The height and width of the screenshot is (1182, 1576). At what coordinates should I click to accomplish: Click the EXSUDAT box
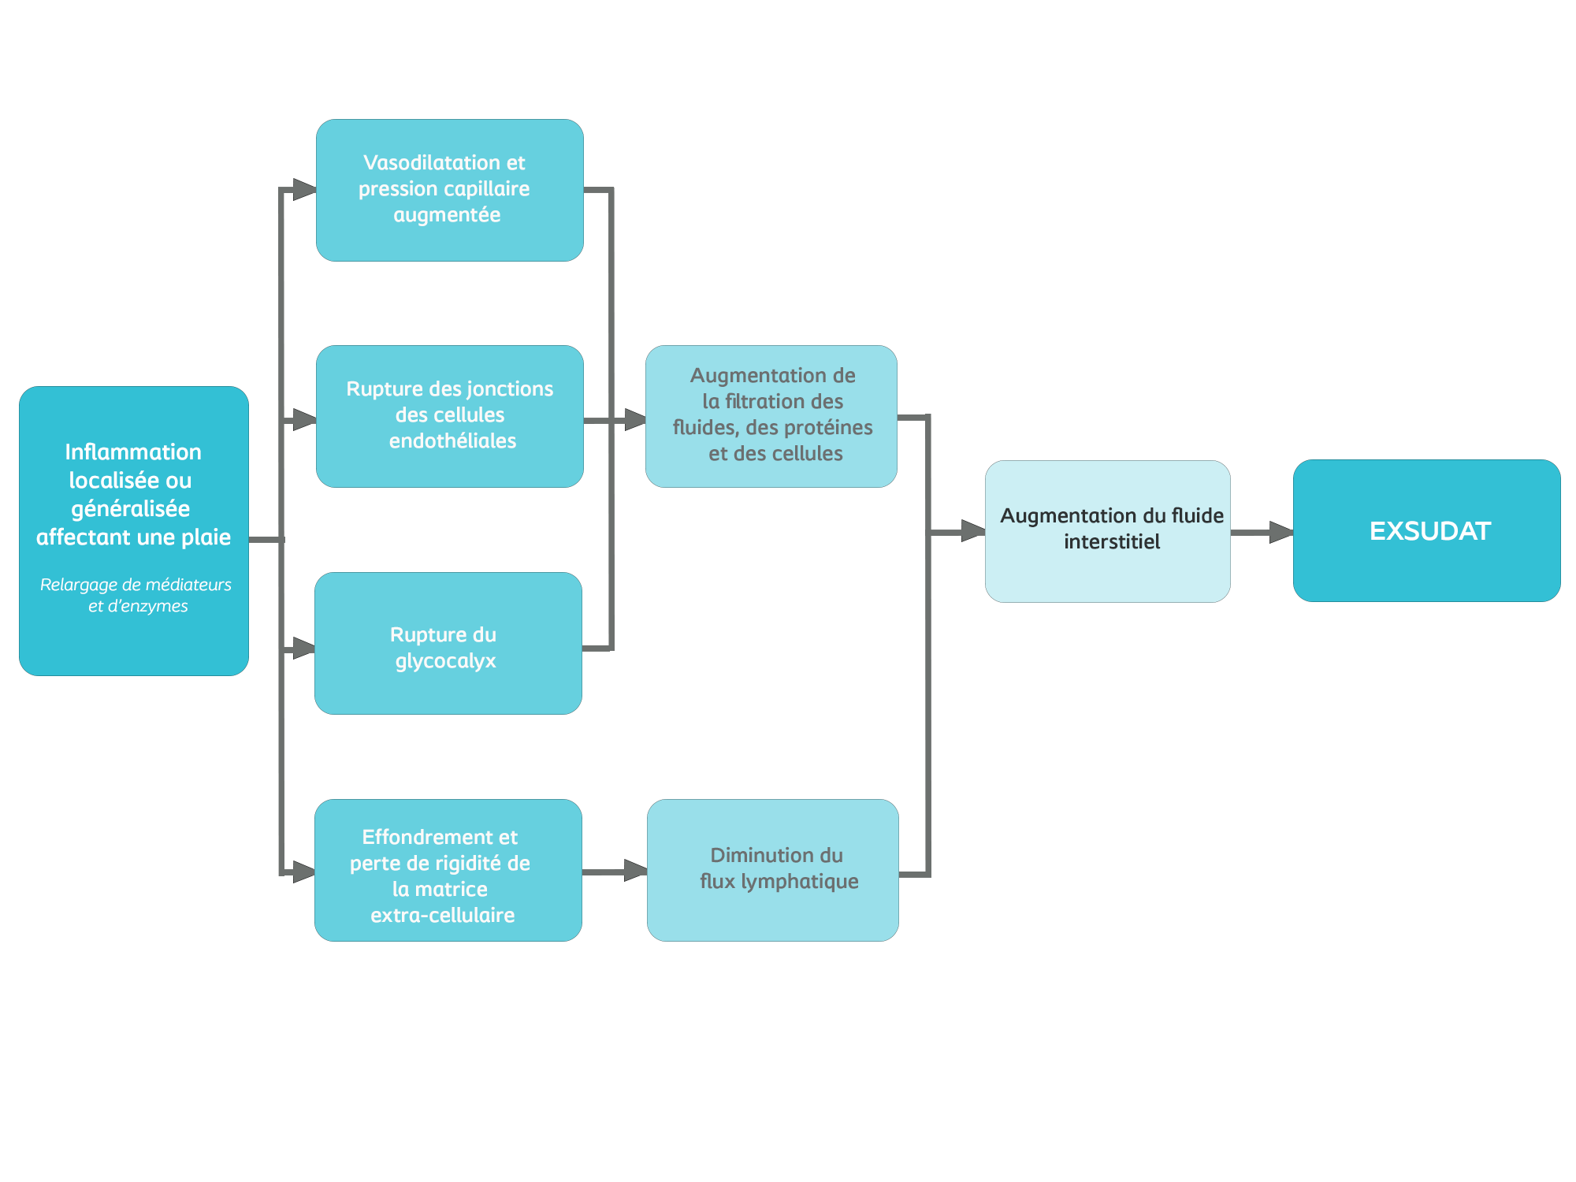pyautogui.click(x=1426, y=530)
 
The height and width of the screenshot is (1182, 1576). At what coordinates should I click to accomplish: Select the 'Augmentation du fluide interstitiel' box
pyautogui.click(x=1107, y=530)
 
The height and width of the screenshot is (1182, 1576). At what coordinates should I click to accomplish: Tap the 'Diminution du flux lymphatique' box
pyautogui.click(x=773, y=869)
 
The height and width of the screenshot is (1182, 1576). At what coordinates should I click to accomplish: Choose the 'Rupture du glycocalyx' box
pyautogui.click(x=448, y=643)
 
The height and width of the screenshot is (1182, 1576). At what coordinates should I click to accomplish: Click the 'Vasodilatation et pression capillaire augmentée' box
pyautogui.click(x=450, y=190)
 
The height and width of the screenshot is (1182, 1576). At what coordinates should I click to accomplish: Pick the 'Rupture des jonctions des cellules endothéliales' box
pyautogui.click(x=450, y=416)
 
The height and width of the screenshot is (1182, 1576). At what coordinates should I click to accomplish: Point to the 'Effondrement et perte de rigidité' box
pyautogui.click(x=448, y=869)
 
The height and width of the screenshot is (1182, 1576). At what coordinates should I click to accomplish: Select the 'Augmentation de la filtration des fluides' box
pyautogui.click(x=771, y=416)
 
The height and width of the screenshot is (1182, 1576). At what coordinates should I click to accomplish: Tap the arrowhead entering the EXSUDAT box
pyautogui.click(x=1281, y=532)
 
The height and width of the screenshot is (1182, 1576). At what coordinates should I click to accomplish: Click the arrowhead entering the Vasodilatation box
pyautogui.click(x=305, y=189)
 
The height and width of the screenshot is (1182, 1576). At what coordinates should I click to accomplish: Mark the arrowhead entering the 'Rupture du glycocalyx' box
pyautogui.click(x=304, y=649)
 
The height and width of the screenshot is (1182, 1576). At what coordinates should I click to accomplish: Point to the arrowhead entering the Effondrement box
pyautogui.click(x=304, y=872)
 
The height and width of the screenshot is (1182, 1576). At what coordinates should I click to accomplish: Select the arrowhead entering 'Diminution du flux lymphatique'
pyautogui.click(x=636, y=871)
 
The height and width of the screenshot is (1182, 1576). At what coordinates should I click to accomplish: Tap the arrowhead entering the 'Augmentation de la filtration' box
pyautogui.click(x=636, y=419)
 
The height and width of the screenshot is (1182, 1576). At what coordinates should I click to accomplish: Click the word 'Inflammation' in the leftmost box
pyautogui.click(x=133, y=452)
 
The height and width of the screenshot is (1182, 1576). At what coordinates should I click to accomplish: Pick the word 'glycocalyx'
pyautogui.click(x=445, y=660)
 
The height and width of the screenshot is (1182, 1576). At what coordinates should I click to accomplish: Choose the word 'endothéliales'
pyautogui.click(x=452, y=440)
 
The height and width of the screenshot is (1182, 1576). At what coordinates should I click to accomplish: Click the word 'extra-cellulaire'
pyautogui.click(x=442, y=915)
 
